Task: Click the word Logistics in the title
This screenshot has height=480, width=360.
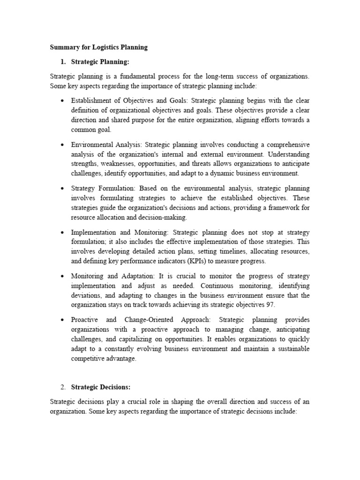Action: [107, 47]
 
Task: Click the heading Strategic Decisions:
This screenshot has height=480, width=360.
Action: [100, 387]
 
